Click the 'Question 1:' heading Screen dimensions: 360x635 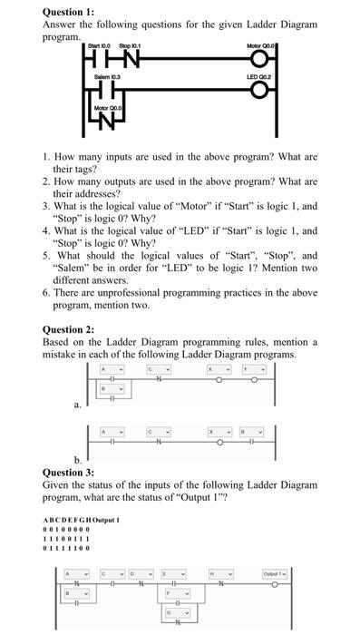pos(68,11)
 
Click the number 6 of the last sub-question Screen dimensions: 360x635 pos(46,293)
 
